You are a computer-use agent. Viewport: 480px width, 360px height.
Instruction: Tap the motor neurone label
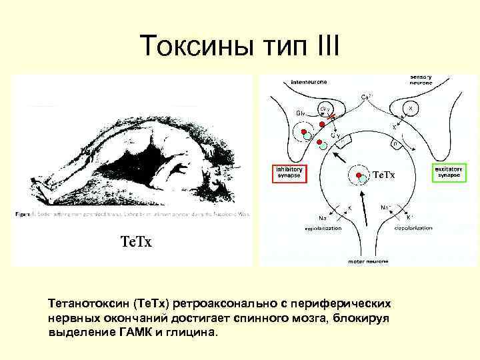tap(366, 261)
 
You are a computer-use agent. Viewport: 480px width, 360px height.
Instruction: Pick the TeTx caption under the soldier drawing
tap(135, 241)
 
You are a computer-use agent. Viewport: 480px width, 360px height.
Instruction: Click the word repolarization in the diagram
tap(323, 228)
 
